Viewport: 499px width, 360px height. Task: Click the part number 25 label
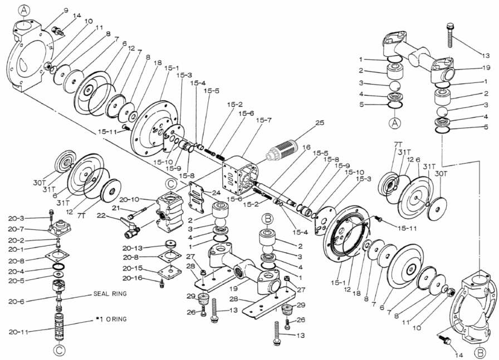(x=320, y=122)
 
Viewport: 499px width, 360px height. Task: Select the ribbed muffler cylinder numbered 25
(x=282, y=148)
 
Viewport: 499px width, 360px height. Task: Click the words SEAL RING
(x=110, y=294)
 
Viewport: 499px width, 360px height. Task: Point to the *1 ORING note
(x=111, y=319)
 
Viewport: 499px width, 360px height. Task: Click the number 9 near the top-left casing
(x=66, y=11)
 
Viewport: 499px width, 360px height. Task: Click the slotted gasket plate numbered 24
(x=198, y=197)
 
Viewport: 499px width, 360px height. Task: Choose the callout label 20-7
(x=17, y=229)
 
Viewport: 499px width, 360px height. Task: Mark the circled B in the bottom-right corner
(x=480, y=353)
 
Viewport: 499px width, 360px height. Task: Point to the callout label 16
(x=306, y=147)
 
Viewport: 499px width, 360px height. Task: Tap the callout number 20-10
(x=129, y=199)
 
